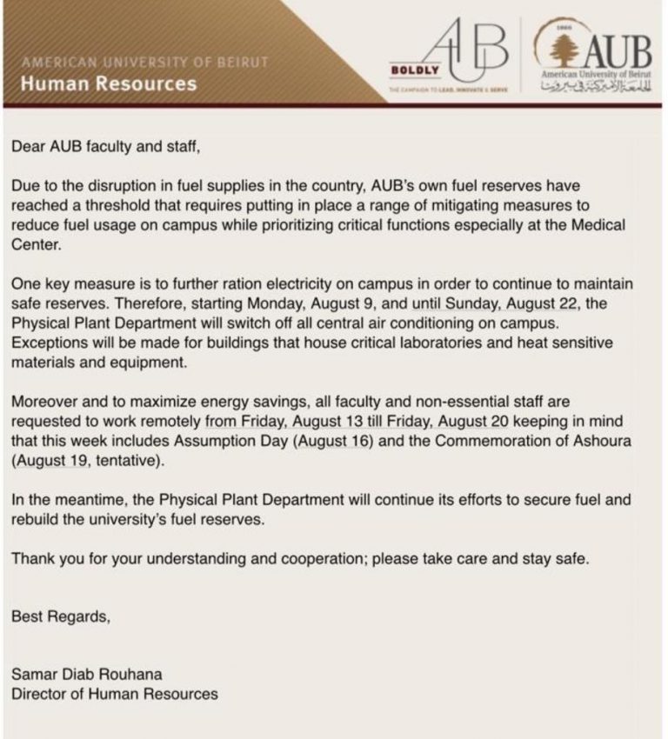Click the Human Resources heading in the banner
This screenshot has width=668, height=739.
point(109,84)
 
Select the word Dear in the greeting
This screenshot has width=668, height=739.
point(29,146)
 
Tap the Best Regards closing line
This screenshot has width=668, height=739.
point(61,617)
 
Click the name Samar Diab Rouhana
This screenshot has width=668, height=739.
point(86,674)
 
